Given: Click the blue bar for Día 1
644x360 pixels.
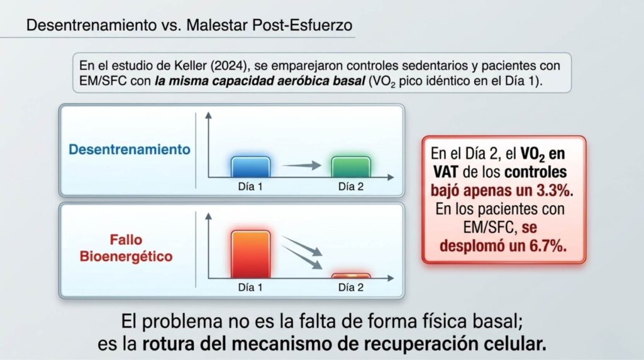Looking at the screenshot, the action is click(x=250, y=167).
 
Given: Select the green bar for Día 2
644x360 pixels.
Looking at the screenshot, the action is click(x=351, y=167).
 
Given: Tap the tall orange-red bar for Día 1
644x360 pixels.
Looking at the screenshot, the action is click(x=250, y=254).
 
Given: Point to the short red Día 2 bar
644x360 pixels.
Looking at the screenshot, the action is click(x=351, y=276).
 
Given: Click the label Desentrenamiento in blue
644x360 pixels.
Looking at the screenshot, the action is click(x=130, y=149).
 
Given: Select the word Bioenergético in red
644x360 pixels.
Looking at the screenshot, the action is click(x=126, y=256).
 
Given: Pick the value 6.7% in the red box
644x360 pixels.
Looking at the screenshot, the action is click(x=548, y=245).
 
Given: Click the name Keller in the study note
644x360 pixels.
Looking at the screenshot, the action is click(x=192, y=65).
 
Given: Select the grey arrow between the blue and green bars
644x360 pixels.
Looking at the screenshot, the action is click(x=302, y=165).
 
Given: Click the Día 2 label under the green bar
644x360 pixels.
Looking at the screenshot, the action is click(x=351, y=186).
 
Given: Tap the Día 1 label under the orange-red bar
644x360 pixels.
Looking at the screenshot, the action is click(x=250, y=287).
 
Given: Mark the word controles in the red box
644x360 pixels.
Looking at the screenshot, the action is click(x=536, y=172).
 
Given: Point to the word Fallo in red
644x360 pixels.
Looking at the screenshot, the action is click(x=126, y=240).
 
